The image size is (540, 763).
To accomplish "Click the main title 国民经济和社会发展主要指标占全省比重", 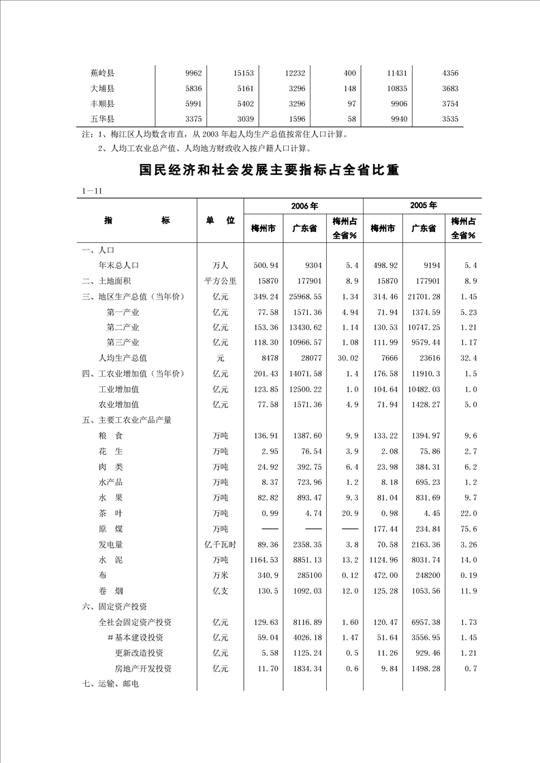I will click(x=269, y=170).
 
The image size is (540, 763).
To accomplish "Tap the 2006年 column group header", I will click(x=304, y=205).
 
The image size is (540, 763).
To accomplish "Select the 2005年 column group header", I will click(x=423, y=205).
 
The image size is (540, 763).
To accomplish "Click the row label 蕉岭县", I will click(x=102, y=73).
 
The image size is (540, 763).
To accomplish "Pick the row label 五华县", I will click(x=102, y=119).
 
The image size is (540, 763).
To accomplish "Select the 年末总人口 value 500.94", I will click(x=263, y=265).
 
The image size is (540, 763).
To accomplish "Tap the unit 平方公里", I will click(x=220, y=281).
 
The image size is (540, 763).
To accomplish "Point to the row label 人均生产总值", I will click(x=123, y=358).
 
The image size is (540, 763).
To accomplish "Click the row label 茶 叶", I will click(x=111, y=513).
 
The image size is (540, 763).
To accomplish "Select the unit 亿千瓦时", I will click(x=220, y=544).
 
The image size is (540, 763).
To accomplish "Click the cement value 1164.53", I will click(x=263, y=560).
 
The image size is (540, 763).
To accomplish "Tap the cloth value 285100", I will click(x=305, y=575).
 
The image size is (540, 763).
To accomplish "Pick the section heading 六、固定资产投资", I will click(x=115, y=606).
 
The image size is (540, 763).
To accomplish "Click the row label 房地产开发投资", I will click(x=143, y=668).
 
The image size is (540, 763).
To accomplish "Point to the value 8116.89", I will click(x=305, y=622).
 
